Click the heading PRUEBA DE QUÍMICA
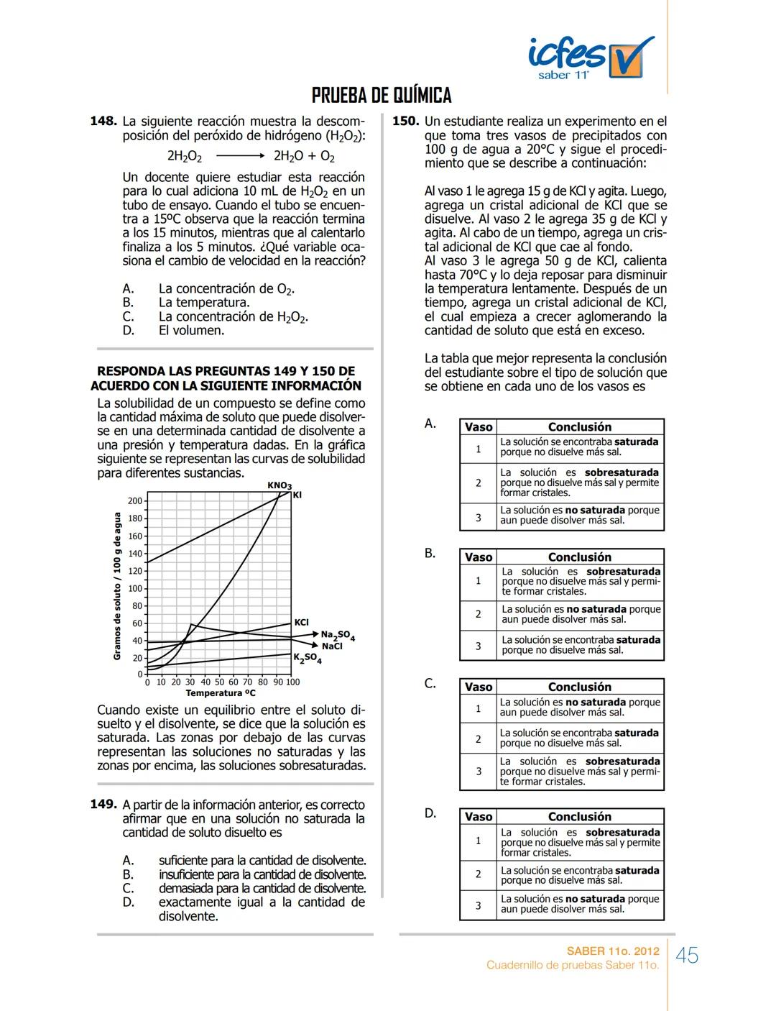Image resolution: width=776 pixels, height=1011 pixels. [x=382, y=96]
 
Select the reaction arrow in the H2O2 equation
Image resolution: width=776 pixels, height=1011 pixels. [x=239, y=155]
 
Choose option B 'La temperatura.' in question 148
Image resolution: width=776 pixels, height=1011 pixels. [x=204, y=303]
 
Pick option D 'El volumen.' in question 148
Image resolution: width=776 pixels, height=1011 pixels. [x=191, y=331]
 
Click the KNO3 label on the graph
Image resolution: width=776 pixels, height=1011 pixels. [x=279, y=486]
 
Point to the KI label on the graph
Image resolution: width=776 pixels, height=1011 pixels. [x=297, y=495]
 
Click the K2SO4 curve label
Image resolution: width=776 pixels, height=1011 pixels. [x=307, y=659]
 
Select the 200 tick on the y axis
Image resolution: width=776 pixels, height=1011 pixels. [x=134, y=501]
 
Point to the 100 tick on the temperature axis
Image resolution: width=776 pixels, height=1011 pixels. [x=292, y=682]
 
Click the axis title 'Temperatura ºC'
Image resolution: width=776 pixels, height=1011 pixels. [x=221, y=693]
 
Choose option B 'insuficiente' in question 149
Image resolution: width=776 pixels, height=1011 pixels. [x=262, y=874]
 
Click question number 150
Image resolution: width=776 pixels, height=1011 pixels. [x=405, y=122]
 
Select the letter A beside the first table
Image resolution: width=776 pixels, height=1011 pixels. [x=430, y=424]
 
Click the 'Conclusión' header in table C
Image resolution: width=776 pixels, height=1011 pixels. [x=579, y=687]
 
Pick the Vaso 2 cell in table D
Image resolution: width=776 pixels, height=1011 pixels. [x=478, y=874]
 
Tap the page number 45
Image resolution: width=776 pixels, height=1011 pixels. [x=687, y=956]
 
